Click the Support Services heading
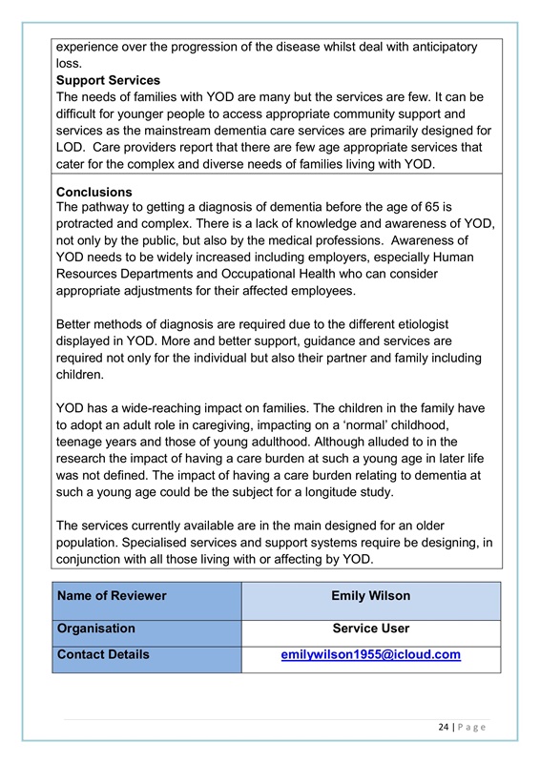pos(108,80)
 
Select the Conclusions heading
pos(94,192)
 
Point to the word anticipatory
pos(434,47)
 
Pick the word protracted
pos(92,224)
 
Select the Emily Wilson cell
pos(370,596)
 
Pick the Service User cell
pos(370,629)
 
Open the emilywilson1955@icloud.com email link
pos(370,655)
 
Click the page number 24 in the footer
pos(445,727)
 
